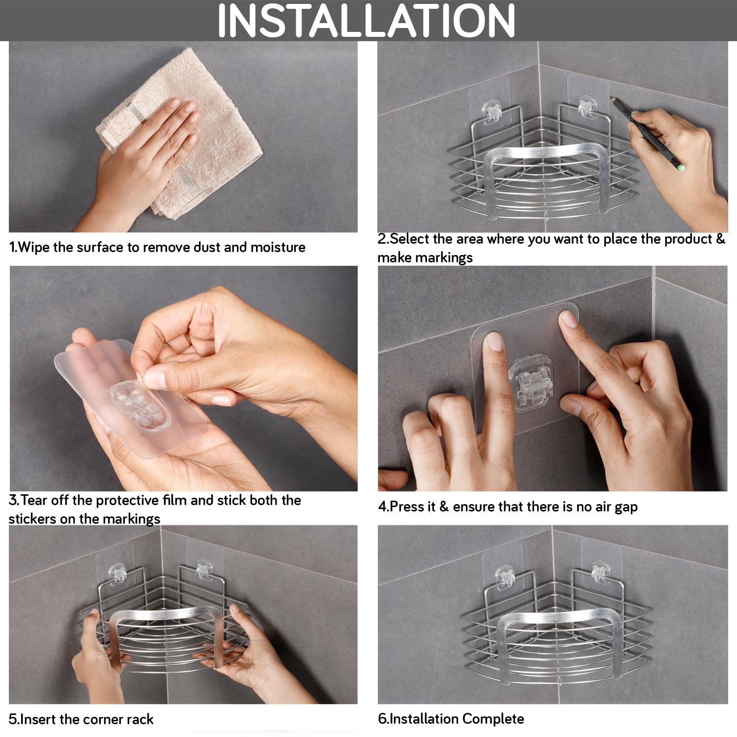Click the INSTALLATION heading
[x=367, y=20]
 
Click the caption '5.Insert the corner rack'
[x=81, y=720]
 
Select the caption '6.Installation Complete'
[x=451, y=719]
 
